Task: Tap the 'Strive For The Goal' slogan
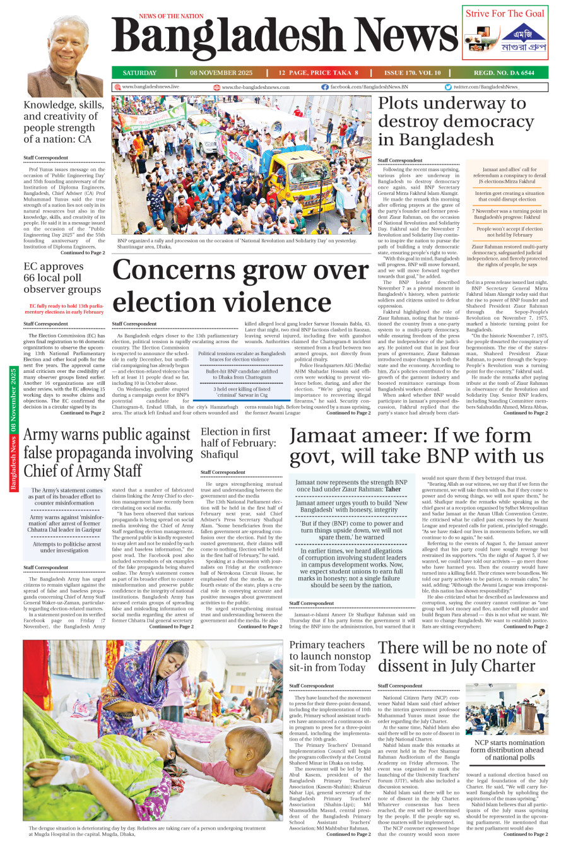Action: pos(505,13)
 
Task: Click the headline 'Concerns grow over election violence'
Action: pos(240,286)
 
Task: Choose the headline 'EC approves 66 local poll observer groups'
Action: pos(62,278)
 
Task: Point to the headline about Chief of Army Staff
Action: pos(108,453)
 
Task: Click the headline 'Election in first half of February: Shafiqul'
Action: pos(238,443)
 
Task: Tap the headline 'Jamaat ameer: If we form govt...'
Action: pos(416,445)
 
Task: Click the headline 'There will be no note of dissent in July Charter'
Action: pos(462,657)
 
